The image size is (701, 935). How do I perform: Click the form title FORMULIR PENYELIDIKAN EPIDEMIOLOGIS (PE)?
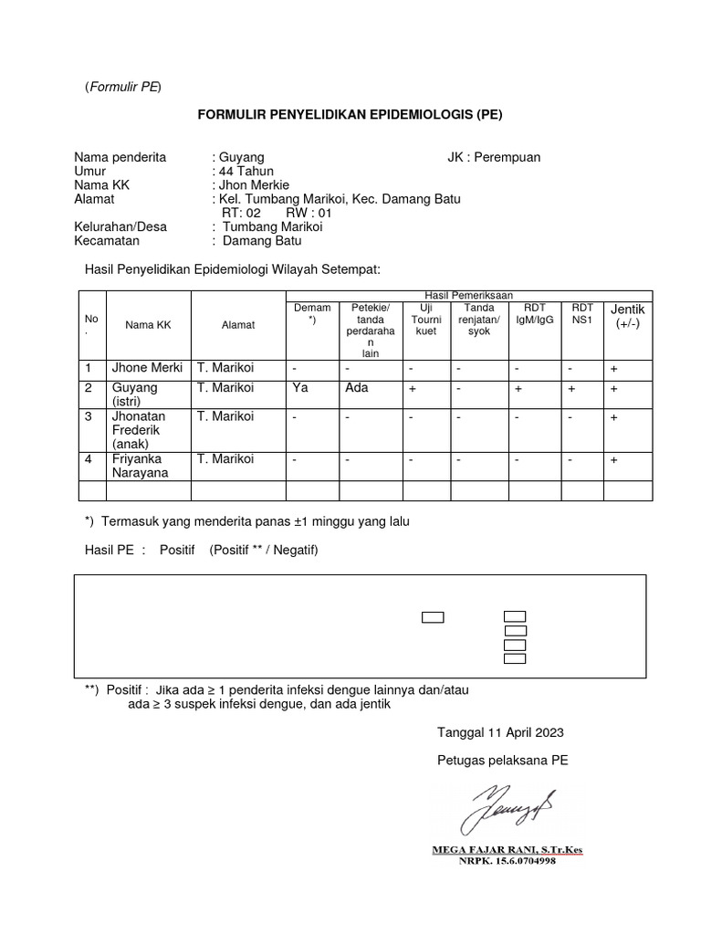350,115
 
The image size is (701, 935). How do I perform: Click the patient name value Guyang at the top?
241,157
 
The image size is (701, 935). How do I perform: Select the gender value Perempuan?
507,157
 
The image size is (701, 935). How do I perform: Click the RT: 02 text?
241,213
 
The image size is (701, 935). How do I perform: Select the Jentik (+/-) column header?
627,317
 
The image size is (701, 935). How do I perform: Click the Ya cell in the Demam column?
299,387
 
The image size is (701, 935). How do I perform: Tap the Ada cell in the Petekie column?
357,387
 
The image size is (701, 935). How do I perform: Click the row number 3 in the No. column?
89,416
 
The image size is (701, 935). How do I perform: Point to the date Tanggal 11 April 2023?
500,732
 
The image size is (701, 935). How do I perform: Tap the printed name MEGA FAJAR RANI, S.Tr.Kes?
507,850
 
